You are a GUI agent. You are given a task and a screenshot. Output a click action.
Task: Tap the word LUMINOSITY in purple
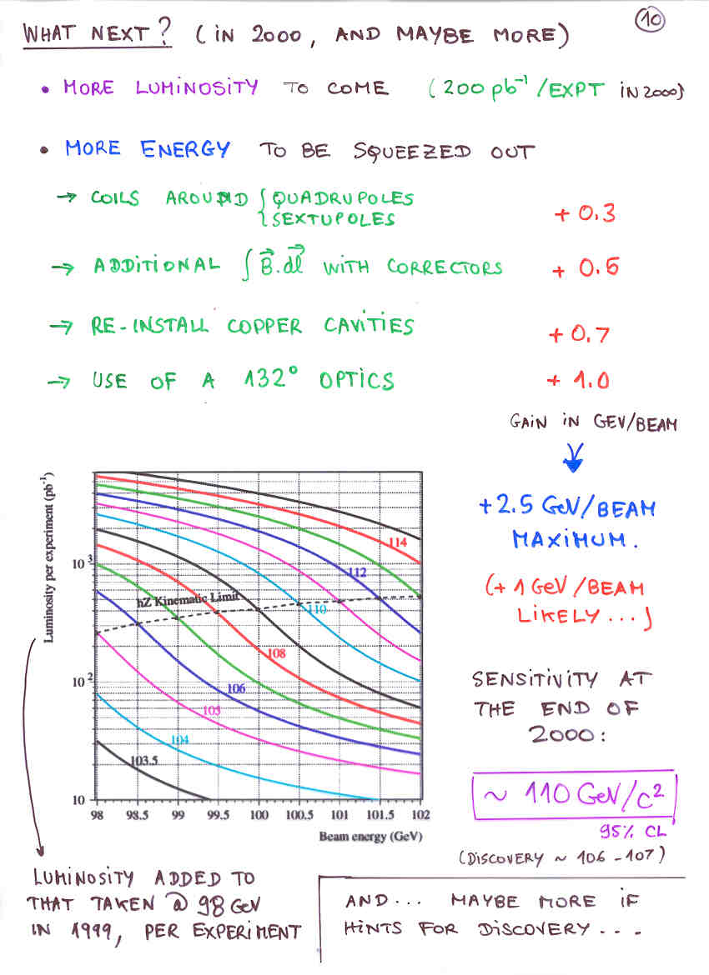[197, 87]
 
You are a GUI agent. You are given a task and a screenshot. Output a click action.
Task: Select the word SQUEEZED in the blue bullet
[412, 151]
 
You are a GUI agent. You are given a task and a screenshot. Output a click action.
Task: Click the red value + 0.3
[585, 213]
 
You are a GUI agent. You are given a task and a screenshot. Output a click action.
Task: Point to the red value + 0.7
[579, 335]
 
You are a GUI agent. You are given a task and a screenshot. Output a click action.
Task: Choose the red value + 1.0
[578, 382]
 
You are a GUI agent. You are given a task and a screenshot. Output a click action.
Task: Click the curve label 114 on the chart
[399, 542]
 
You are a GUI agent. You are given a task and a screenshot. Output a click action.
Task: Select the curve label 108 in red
[276, 653]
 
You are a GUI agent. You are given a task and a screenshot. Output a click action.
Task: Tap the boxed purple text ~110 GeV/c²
[573, 795]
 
